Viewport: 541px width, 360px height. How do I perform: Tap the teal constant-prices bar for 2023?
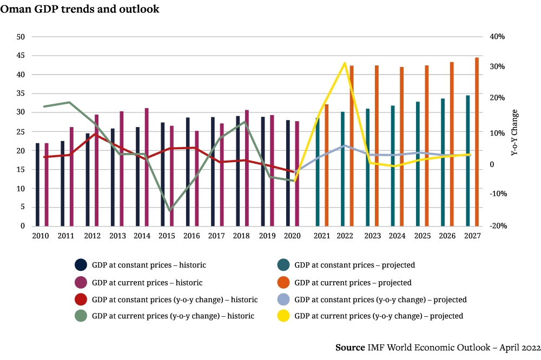[367, 167]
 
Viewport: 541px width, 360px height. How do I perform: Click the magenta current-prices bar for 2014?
[147, 167]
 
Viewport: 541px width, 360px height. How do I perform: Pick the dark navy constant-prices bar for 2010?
[37, 184]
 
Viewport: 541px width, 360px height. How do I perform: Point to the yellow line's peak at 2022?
[344, 63]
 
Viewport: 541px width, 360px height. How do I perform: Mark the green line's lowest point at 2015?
[170, 210]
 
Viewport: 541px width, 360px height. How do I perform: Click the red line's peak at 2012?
[95, 134]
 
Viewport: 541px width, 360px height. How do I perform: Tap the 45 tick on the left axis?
[21, 56]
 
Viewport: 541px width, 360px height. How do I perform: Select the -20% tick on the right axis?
[497, 226]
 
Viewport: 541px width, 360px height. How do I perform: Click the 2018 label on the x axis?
[241, 236]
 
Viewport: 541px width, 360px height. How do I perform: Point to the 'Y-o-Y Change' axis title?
[514, 133]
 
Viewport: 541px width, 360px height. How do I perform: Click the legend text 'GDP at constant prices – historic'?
[149, 265]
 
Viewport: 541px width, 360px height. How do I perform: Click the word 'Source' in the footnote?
[349, 347]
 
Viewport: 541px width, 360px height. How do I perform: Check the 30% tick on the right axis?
[497, 66]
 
